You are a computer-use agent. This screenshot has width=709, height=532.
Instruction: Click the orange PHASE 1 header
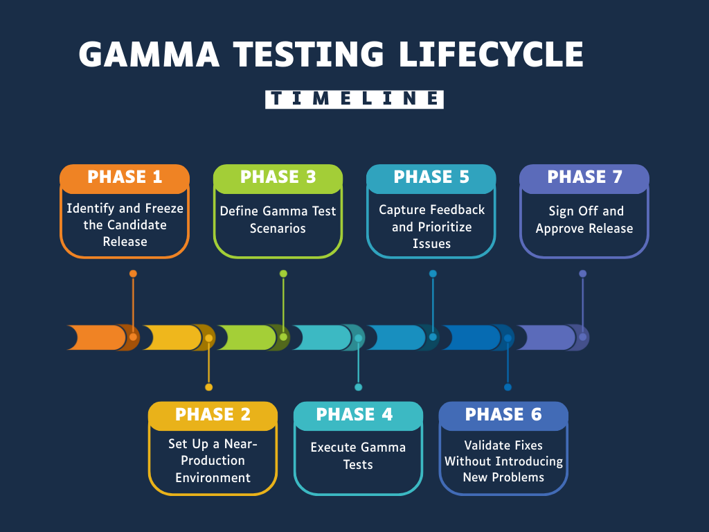[125, 177]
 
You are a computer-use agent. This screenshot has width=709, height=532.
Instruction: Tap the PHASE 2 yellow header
[213, 415]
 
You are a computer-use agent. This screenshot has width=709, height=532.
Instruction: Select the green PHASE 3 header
[278, 177]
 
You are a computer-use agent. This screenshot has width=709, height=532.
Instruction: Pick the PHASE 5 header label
[431, 177]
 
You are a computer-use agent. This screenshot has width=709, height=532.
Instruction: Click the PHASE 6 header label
[503, 415]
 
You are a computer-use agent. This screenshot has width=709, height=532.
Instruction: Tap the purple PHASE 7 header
[584, 177]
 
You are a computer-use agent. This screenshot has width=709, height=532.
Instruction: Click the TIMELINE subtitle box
[354, 99]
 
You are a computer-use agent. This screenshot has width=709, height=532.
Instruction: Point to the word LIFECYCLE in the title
[490, 55]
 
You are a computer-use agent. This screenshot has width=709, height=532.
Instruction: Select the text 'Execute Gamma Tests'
[358, 456]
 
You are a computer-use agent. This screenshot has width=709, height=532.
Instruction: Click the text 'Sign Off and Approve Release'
[585, 220]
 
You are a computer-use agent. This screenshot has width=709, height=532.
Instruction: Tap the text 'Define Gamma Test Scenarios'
[278, 220]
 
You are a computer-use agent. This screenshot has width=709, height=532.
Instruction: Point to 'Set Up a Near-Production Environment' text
[213, 460]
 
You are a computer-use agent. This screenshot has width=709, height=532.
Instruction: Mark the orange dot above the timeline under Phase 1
[133, 274]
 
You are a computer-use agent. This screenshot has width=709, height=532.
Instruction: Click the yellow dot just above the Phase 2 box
[208, 387]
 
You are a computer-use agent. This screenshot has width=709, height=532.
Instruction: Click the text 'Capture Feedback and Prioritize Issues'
[431, 227]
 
